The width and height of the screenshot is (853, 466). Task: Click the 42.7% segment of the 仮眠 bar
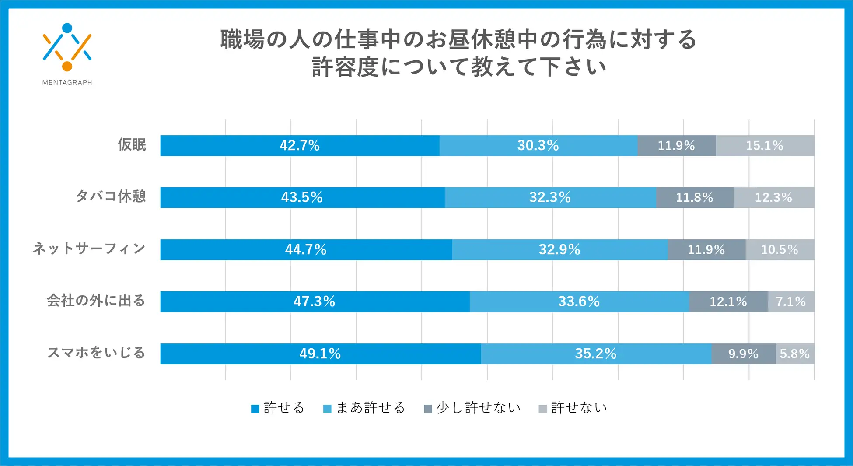point(300,145)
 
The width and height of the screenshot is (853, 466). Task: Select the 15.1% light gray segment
point(765,145)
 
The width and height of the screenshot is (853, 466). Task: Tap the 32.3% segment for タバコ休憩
point(550,197)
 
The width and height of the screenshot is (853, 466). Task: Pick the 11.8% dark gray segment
point(694,197)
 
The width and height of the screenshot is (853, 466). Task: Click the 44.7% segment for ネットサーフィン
point(306,249)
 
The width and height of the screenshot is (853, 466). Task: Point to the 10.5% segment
point(780,249)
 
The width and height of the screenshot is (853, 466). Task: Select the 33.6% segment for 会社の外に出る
point(579,301)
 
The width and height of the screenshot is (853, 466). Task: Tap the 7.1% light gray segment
point(790,301)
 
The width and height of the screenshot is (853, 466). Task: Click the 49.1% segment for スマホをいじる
point(320,354)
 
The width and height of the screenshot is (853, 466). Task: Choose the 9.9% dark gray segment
point(743,354)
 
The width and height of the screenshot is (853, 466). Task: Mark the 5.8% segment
point(795,354)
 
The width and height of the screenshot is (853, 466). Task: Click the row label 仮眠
point(132,144)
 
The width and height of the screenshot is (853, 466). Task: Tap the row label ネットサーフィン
point(89,249)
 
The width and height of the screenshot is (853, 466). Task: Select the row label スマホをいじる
point(96,353)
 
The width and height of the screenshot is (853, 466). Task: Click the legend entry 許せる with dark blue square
point(278,408)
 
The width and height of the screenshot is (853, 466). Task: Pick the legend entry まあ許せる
point(364,408)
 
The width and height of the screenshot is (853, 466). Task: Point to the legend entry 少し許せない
point(472,408)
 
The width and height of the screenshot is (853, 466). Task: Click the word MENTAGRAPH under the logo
point(67,82)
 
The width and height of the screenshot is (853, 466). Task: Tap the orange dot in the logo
point(67,66)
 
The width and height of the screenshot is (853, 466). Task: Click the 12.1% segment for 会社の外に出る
point(728,301)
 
